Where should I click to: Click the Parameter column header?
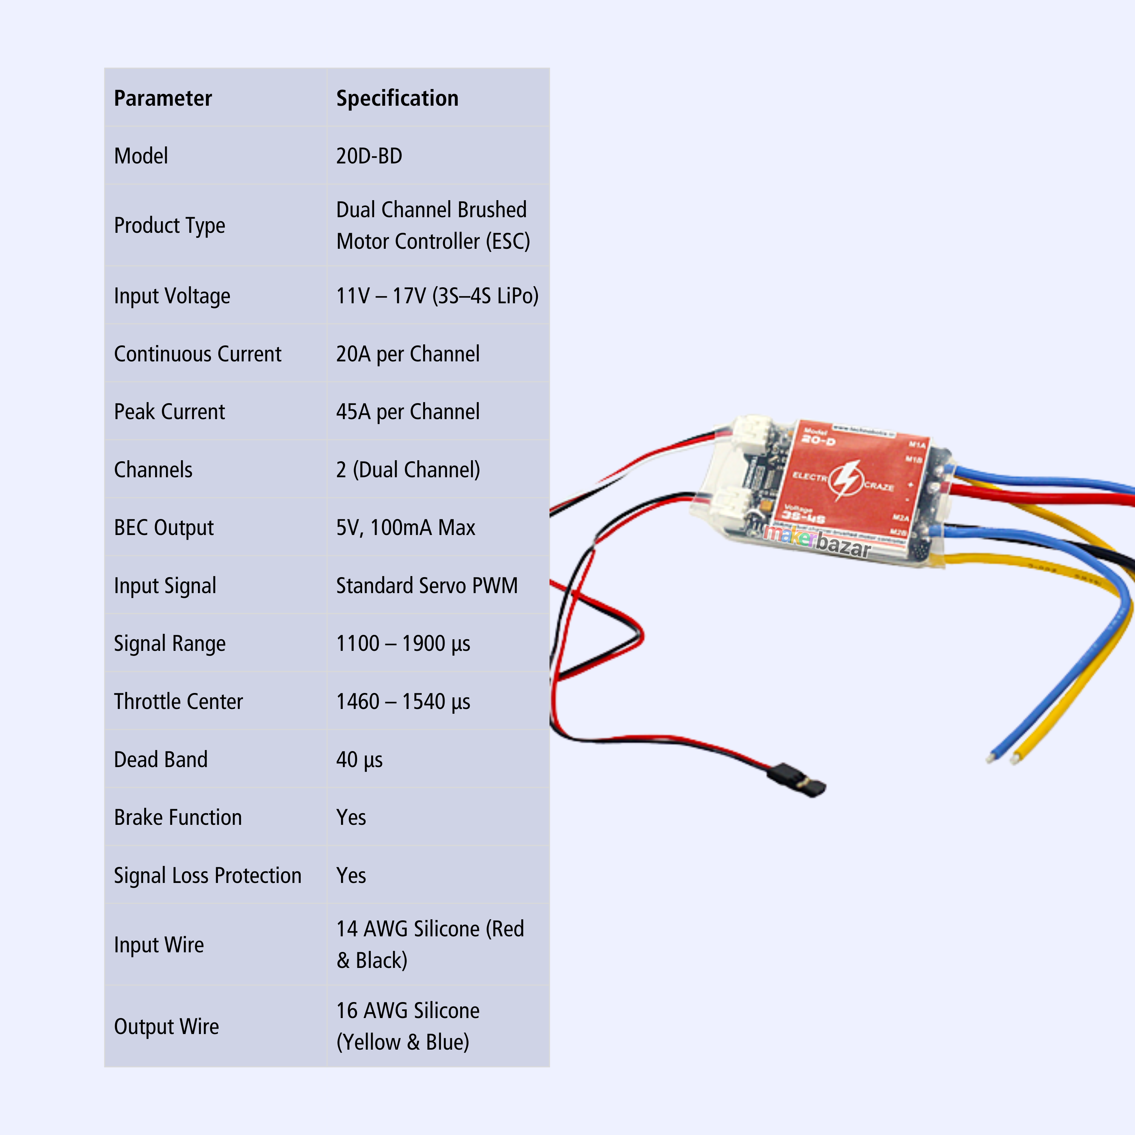pyautogui.click(x=163, y=98)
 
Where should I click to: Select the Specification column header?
pyautogui.click(x=397, y=98)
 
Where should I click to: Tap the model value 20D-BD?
pyautogui.click(x=369, y=156)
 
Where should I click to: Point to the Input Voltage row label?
pyautogui.click(x=172, y=296)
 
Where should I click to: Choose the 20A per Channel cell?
pyautogui.click(x=408, y=354)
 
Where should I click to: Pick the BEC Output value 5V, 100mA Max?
pyautogui.click(x=405, y=528)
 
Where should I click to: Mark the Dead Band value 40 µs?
pyautogui.click(x=359, y=759)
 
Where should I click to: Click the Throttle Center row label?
pyautogui.click(x=178, y=701)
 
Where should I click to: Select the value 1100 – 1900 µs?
pyautogui.click(x=403, y=643)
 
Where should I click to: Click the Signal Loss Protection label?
pyautogui.click(x=207, y=875)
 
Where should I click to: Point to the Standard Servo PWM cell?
pyautogui.click(x=426, y=586)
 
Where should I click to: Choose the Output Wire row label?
pyautogui.click(x=166, y=1026)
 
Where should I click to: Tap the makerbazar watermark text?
pyautogui.click(x=816, y=539)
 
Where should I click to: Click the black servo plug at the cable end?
pyautogui.click(x=796, y=779)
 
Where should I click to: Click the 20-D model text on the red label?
pyautogui.click(x=818, y=439)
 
